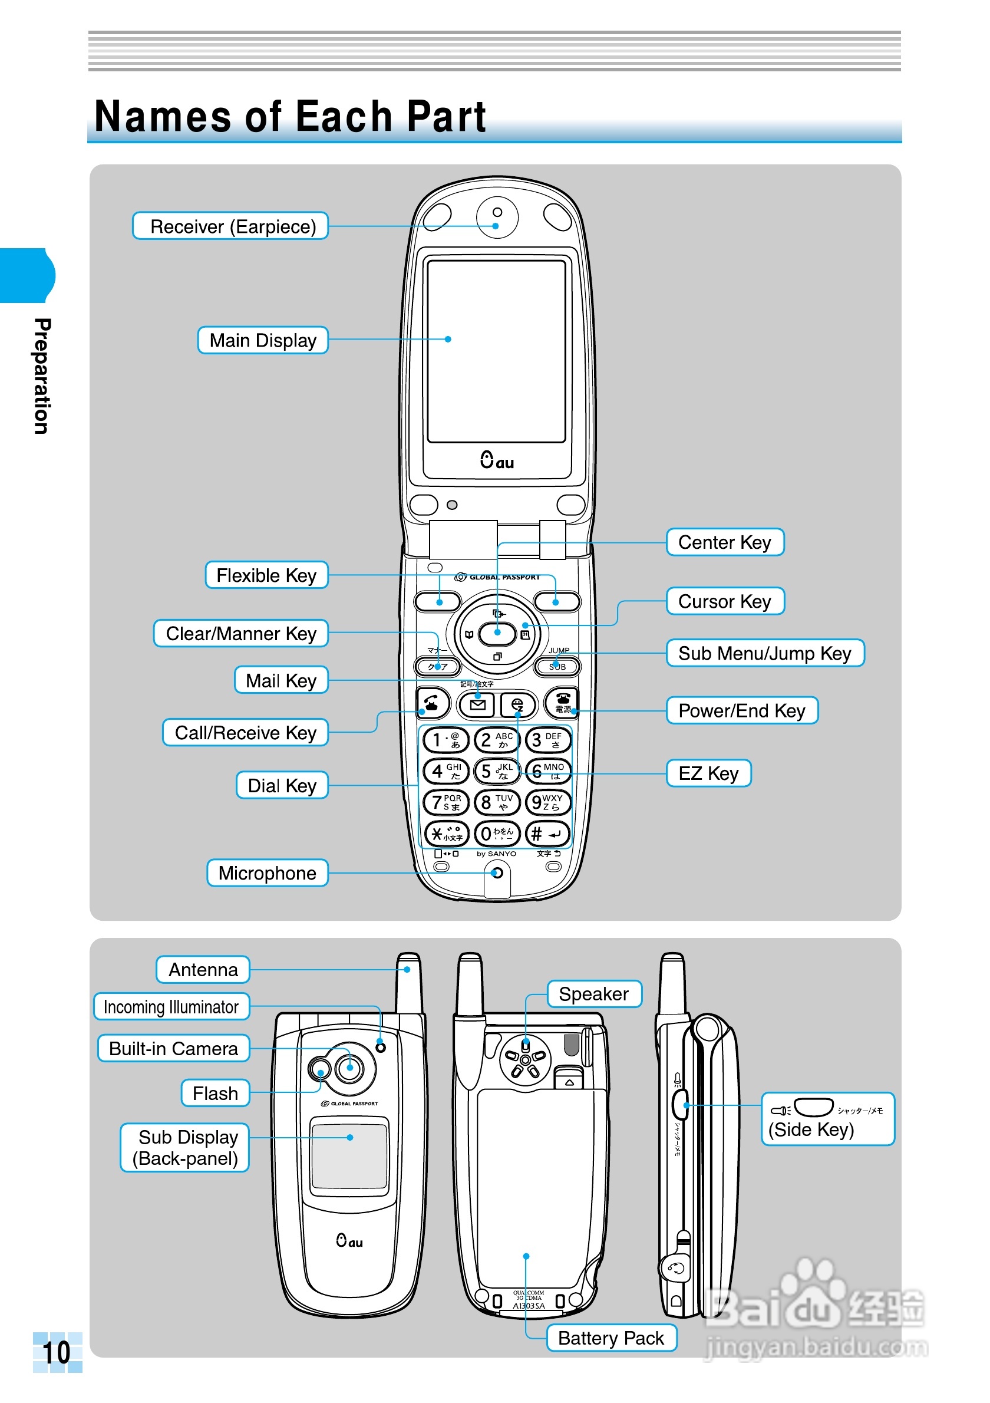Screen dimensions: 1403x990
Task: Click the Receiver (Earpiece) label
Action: tap(230, 226)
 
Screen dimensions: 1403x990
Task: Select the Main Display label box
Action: tap(263, 340)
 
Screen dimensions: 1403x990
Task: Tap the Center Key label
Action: tap(724, 542)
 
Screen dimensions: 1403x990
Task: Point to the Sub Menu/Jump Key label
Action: tap(765, 653)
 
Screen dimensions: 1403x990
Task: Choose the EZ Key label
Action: tap(708, 773)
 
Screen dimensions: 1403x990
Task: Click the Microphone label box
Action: tap(268, 872)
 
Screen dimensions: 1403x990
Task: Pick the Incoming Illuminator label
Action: tap(171, 1007)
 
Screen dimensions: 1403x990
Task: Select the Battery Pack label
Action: tap(610, 1338)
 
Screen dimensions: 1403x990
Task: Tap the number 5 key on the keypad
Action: tap(497, 771)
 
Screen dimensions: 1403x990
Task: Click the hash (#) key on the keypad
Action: tap(547, 834)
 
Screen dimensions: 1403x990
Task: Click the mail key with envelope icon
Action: tap(477, 705)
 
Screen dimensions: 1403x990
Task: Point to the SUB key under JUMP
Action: tap(556, 667)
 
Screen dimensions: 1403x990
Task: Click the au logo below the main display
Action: tap(497, 460)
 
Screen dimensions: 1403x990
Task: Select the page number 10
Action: tap(56, 1352)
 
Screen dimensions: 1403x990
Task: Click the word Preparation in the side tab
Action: tap(41, 376)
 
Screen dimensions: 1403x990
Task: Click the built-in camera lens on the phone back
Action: tap(350, 1068)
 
